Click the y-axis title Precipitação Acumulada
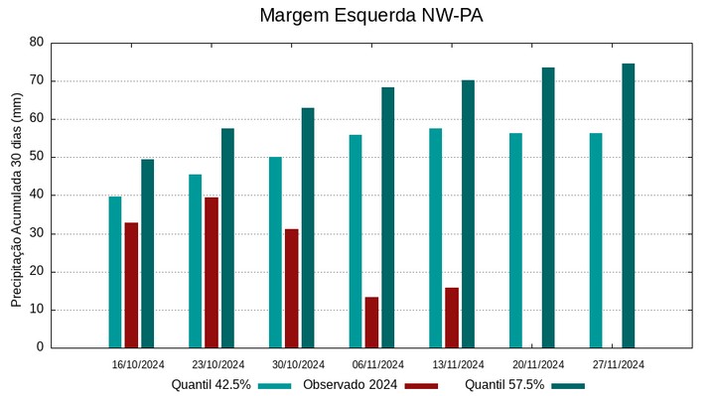click(x=16, y=208)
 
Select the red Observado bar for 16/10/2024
click(x=131, y=285)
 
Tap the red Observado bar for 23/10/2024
click(x=212, y=272)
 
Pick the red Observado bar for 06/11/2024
click(x=371, y=322)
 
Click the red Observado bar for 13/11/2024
click(x=452, y=317)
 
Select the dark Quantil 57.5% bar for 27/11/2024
click(x=628, y=205)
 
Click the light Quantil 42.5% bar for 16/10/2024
click(x=115, y=272)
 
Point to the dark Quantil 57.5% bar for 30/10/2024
click(x=308, y=227)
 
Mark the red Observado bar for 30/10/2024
click(x=291, y=288)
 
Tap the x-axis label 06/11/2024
click(x=378, y=364)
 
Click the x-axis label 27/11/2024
click(x=619, y=364)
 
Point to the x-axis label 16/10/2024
click(x=138, y=364)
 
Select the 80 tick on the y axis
click(x=37, y=43)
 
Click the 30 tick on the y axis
click(x=37, y=233)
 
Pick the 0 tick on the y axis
click(x=41, y=347)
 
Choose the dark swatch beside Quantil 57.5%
click(x=568, y=385)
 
